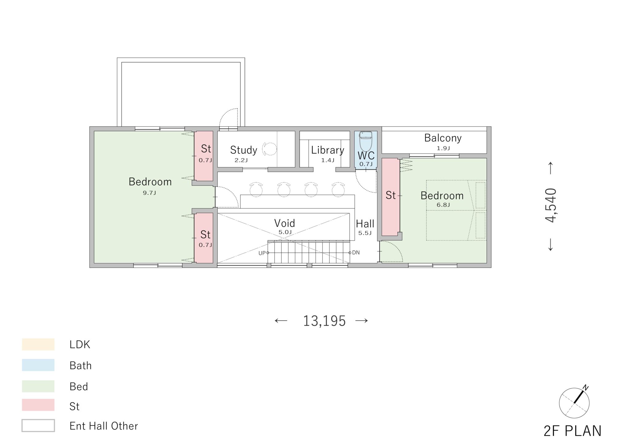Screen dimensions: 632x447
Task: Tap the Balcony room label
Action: (443, 138)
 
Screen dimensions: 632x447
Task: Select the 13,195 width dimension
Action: (324, 321)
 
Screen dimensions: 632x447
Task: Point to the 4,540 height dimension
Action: (551, 205)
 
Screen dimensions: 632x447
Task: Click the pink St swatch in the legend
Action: (38, 405)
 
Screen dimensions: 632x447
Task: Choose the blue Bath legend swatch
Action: (38, 365)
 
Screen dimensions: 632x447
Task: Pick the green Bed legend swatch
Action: (38, 386)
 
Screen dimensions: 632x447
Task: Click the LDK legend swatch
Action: (38, 344)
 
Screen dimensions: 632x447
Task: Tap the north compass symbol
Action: (574, 402)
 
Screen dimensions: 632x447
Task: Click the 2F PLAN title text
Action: (572, 431)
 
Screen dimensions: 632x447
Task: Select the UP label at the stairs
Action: (262, 253)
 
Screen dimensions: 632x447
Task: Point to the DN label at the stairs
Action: (356, 253)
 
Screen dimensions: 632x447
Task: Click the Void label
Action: (285, 223)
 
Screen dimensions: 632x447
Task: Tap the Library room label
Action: (327, 150)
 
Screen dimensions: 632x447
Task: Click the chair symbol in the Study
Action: (269, 149)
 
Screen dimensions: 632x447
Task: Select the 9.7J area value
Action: (149, 193)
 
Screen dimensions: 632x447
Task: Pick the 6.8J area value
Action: (443, 205)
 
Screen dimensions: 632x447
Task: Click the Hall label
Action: (365, 224)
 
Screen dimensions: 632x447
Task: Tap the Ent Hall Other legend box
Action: (38, 425)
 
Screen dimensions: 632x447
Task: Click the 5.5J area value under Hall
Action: (365, 233)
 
